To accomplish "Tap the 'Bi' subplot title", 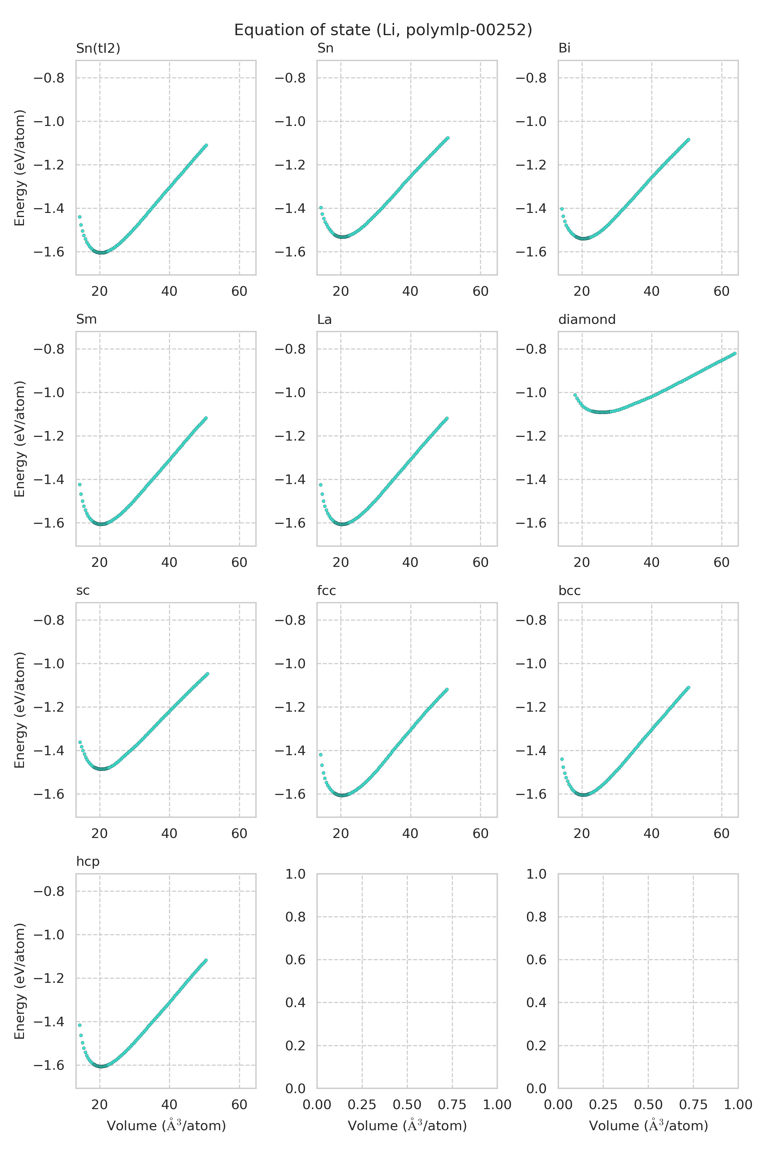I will [x=564, y=48].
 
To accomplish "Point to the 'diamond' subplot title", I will [x=586, y=319].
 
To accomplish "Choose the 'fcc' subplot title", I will [x=326, y=590].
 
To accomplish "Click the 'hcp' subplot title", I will [x=88, y=861].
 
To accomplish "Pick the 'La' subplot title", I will [x=324, y=319].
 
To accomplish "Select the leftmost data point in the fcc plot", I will [x=321, y=755].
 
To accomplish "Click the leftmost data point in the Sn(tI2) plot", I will [x=79, y=217].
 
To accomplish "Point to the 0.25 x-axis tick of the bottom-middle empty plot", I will [x=362, y=1105].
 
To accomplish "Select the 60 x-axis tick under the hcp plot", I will [x=239, y=1105].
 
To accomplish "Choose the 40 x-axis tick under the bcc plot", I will [x=652, y=834].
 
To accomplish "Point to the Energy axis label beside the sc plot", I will [x=19, y=709].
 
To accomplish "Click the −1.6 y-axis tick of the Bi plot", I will [x=531, y=252].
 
